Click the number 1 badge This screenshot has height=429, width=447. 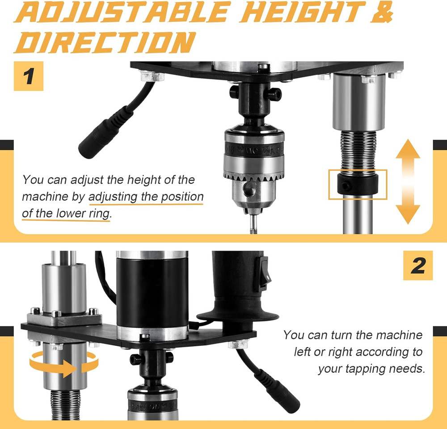[29, 76]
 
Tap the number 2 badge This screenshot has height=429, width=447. [418, 265]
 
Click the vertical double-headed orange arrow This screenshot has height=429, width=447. [408, 181]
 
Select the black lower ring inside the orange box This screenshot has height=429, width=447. [358, 184]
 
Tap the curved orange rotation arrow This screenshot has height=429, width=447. [64, 362]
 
